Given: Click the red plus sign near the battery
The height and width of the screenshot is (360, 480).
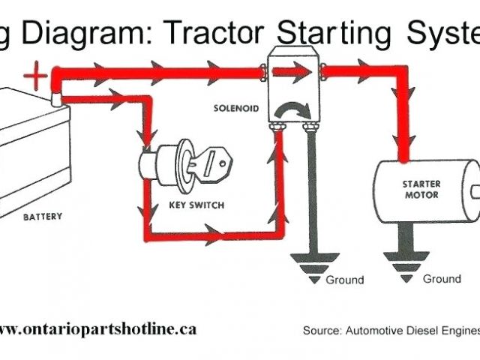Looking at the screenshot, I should (34, 75).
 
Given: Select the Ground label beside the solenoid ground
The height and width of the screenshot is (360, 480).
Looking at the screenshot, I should (344, 280).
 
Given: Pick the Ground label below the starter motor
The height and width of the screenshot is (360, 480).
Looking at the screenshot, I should (442, 279).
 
